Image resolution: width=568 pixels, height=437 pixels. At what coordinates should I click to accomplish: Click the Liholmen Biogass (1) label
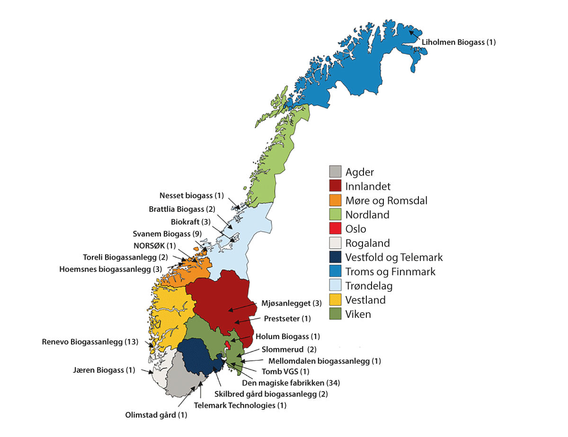458,42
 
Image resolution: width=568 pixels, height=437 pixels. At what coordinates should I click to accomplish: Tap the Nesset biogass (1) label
191,195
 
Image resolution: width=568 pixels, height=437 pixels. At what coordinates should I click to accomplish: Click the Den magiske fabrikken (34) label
291,382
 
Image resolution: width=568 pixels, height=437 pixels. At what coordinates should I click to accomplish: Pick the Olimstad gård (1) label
156,415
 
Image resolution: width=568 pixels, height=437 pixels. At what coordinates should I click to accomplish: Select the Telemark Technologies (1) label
240,405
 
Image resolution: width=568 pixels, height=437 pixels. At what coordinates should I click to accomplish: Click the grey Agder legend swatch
335,172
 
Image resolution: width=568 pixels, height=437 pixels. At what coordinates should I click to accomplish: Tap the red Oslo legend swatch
335,228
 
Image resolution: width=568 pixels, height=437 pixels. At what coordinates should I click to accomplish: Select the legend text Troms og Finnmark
390,271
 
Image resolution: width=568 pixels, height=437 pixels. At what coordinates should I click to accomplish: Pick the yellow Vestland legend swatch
335,300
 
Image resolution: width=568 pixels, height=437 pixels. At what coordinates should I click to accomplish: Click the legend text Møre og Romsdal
386,201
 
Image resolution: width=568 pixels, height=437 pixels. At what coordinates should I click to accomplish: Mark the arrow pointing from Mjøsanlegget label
243,306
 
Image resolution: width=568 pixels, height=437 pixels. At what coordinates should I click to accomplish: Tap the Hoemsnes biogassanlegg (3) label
111,269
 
